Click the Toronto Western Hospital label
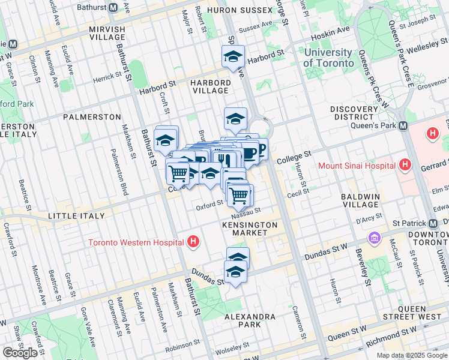(136, 243)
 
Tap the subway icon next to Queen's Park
(403, 126)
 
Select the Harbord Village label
(210, 86)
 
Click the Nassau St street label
(247, 211)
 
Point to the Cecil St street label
(298, 192)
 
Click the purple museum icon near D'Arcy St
(376, 238)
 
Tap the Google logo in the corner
(20, 353)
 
